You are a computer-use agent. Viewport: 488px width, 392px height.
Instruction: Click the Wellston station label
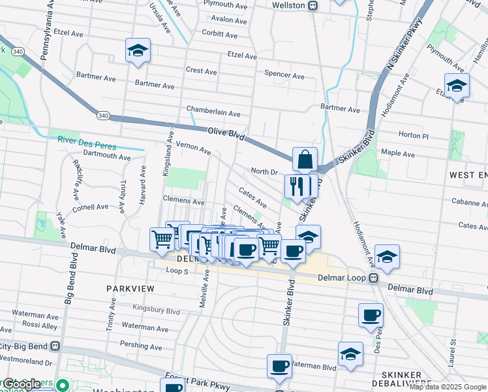(288, 5)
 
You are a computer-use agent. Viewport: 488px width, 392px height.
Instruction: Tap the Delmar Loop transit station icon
(374, 278)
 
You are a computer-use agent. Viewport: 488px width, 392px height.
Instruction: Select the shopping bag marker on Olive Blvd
(305, 159)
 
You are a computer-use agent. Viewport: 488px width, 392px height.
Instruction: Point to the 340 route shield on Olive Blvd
(102, 116)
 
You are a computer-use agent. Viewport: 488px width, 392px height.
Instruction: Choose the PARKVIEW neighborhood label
(130, 287)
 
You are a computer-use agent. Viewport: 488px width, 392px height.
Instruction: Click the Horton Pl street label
(413, 135)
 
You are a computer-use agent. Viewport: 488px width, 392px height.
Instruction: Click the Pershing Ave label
(141, 346)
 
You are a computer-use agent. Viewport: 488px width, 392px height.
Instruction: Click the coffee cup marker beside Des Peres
(371, 316)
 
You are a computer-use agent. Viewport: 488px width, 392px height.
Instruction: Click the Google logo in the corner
(22, 385)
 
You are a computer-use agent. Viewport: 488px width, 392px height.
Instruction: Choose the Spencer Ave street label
(284, 76)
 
